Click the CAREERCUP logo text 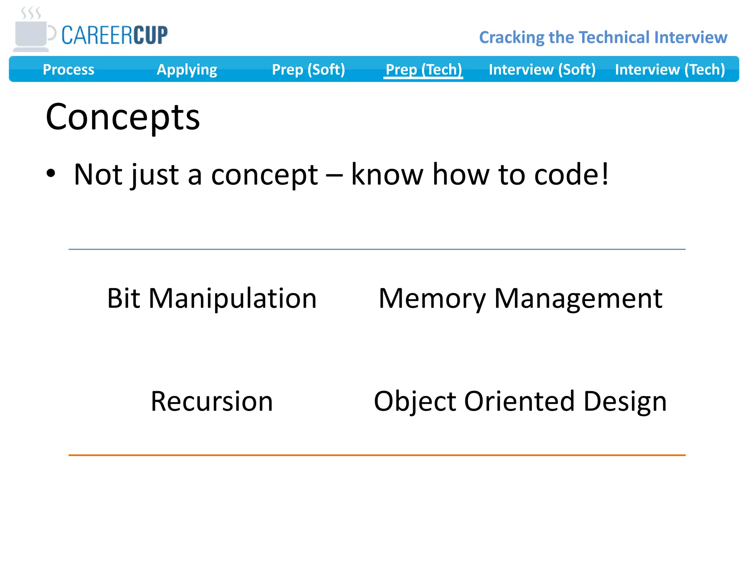tap(114, 35)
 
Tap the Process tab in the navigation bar tap(68, 69)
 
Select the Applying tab tap(187, 69)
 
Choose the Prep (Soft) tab tap(308, 69)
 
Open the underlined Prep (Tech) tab tap(424, 69)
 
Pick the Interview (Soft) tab tap(542, 69)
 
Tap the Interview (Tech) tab tap(670, 69)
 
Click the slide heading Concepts tap(123, 117)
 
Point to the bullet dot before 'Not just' tap(51, 173)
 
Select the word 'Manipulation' tap(233, 298)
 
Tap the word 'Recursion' tap(212, 401)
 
